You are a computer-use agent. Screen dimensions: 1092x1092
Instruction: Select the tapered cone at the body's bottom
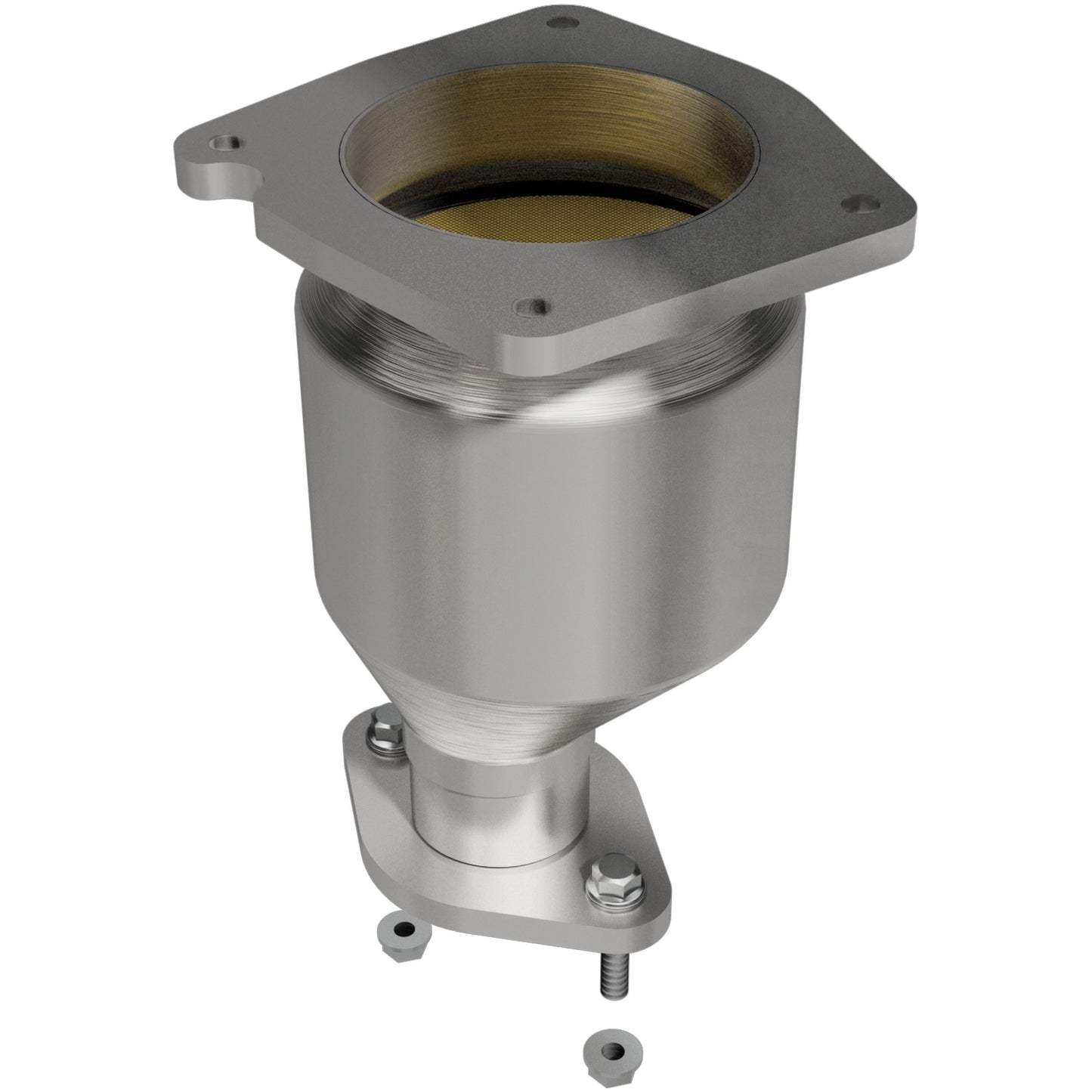point(529,710)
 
